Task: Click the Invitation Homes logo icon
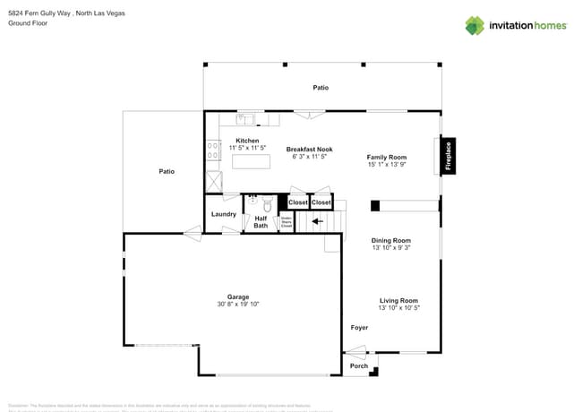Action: (x=475, y=25)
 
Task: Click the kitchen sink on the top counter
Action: (x=245, y=119)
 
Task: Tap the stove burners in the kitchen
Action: (x=213, y=150)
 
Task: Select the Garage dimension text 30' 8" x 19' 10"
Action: (x=237, y=305)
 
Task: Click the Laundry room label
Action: (x=223, y=214)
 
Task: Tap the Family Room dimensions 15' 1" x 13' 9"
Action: (x=387, y=165)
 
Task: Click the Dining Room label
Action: (x=390, y=240)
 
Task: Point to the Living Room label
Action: (x=398, y=300)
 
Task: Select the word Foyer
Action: (x=359, y=328)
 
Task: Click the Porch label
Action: (x=359, y=366)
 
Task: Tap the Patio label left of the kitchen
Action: (x=167, y=171)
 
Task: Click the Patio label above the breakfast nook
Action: (x=321, y=88)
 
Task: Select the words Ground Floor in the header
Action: (x=27, y=24)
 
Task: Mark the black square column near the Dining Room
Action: (x=375, y=205)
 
